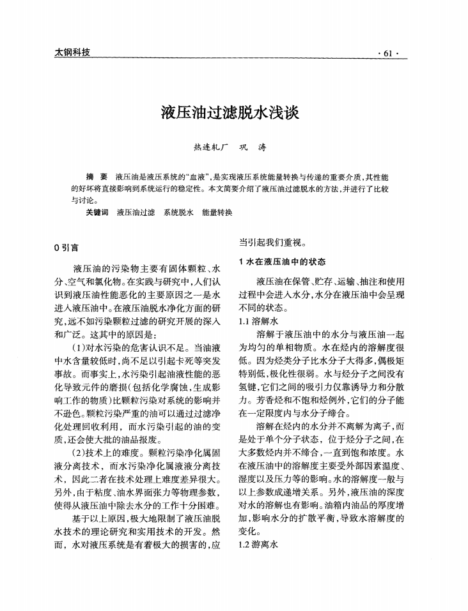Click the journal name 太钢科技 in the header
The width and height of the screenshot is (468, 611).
(71, 52)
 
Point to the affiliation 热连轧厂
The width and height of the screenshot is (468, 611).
(210, 148)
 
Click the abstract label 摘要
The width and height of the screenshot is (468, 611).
(97, 176)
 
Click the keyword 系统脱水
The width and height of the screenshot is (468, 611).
(178, 211)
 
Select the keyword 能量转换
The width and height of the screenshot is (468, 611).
(217, 211)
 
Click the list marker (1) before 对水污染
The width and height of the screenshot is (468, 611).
(81, 348)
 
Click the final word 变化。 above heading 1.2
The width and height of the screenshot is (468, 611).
(249, 531)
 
